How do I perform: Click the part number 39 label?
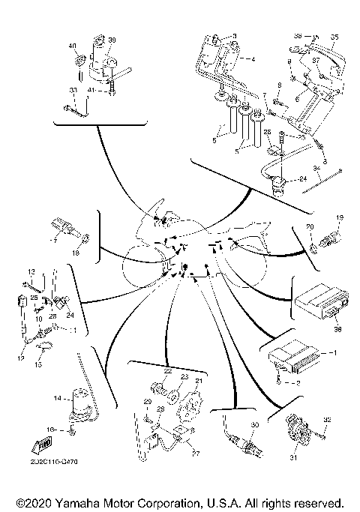[112, 40]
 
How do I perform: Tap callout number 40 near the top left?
[73, 46]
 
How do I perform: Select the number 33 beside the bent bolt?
[73, 91]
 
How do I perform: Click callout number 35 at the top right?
[334, 36]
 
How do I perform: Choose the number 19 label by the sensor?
[339, 218]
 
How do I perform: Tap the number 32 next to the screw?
[327, 419]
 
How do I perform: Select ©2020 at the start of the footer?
[34, 502]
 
